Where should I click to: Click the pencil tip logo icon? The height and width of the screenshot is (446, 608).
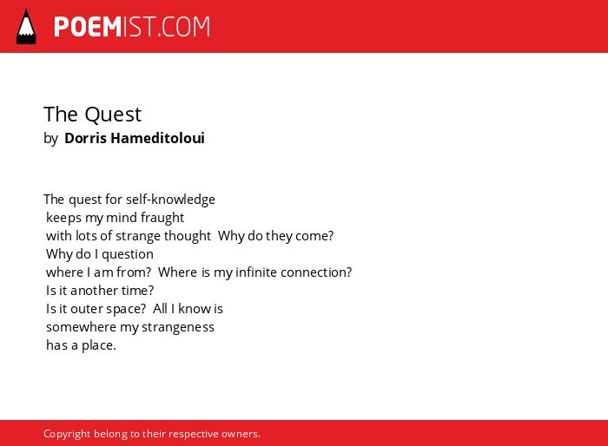[26, 27]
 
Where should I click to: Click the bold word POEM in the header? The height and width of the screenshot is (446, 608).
[88, 27]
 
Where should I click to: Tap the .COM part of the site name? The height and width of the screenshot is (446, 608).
[184, 27]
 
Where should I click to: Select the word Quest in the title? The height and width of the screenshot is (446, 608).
[113, 115]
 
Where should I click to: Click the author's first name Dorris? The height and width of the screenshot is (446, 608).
[85, 138]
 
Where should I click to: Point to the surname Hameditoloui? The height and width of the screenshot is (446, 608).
[157, 138]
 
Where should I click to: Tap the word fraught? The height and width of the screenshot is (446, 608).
[162, 218]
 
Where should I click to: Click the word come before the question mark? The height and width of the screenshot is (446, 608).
[311, 236]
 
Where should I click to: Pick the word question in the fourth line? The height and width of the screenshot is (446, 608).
[128, 254]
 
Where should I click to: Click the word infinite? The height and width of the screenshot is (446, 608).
[256, 272]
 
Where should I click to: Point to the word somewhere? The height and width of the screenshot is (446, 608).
[81, 327]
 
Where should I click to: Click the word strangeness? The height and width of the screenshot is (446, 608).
[178, 327]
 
